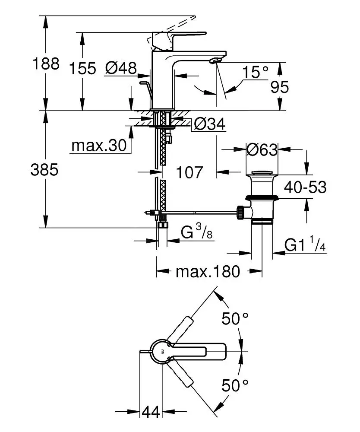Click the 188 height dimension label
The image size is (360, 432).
pyautogui.click(x=46, y=64)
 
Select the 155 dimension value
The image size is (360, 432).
pyautogui.click(x=82, y=68)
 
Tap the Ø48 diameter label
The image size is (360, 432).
pyautogui.click(x=121, y=68)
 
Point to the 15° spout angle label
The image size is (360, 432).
pyautogui.click(x=255, y=72)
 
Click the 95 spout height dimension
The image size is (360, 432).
pyautogui.click(x=279, y=87)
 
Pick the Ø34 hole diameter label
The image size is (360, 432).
pyautogui.click(x=210, y=125)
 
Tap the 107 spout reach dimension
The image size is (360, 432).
pyautogui.click(x=189, y=172)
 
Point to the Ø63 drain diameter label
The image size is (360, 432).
pyautogui.click(x=262, y=149)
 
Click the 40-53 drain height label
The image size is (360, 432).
pyautogui.click(x=305, y=187)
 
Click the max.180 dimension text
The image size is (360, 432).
pyautogui.click(x=207, y=272)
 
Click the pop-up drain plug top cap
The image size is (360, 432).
pyautogui.click(x=262, y=175)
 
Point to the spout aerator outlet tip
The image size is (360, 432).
pyautogui.click(x=215, y=62)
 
